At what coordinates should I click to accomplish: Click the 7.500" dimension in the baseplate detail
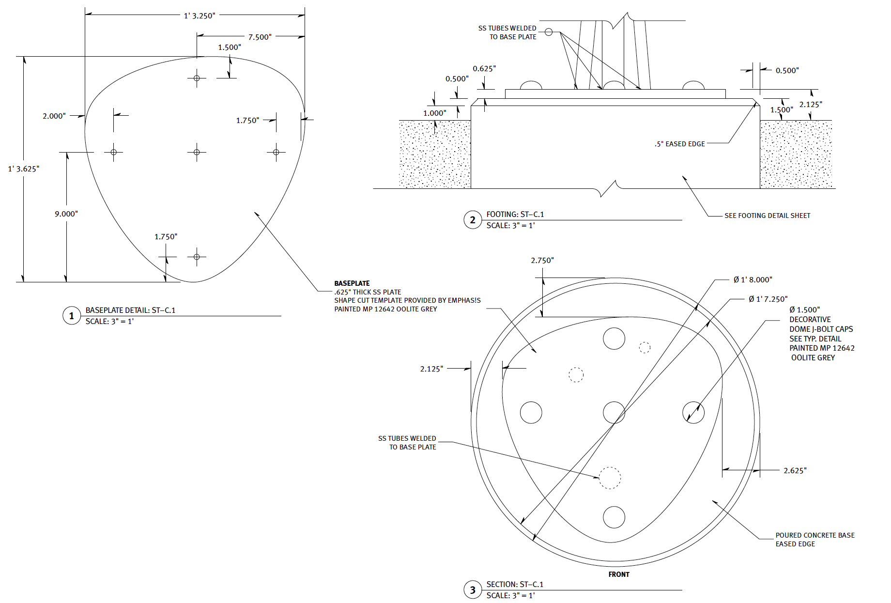[x=260, y=37]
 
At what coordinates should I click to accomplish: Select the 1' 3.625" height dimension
[x=24, y=169]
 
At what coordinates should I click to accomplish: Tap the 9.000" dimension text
[x=66, y=214]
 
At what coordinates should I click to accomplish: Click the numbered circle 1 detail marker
[x=72, y=316]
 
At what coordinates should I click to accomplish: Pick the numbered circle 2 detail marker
[x=473, y=220]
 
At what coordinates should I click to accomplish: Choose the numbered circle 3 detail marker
[x=473, y=590]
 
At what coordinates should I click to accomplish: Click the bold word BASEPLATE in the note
[x=352, y=283]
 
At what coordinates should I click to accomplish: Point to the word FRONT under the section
[x=619, y=574]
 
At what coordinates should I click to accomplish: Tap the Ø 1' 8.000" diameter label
[x=753, y=280]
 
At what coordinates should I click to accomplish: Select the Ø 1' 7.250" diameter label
[x=768, y=299]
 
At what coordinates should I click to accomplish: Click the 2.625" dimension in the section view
[x=795, y=471]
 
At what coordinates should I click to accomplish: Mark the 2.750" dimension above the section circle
[x=542, y=261]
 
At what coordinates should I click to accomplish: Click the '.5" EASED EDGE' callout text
[x=680, y=144]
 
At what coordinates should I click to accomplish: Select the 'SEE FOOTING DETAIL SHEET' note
[x=767, y=216]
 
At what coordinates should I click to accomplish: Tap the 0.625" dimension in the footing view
[x=484, y=69]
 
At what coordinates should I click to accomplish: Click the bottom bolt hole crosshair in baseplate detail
[x=197, y=257]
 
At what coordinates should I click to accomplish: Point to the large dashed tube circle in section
[x=610, y=478]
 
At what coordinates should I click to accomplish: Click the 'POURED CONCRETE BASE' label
[x=815, y=535]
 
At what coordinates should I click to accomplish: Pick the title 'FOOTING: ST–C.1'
[x=515, y=214]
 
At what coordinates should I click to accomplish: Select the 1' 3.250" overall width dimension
[x=200, y=16]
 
